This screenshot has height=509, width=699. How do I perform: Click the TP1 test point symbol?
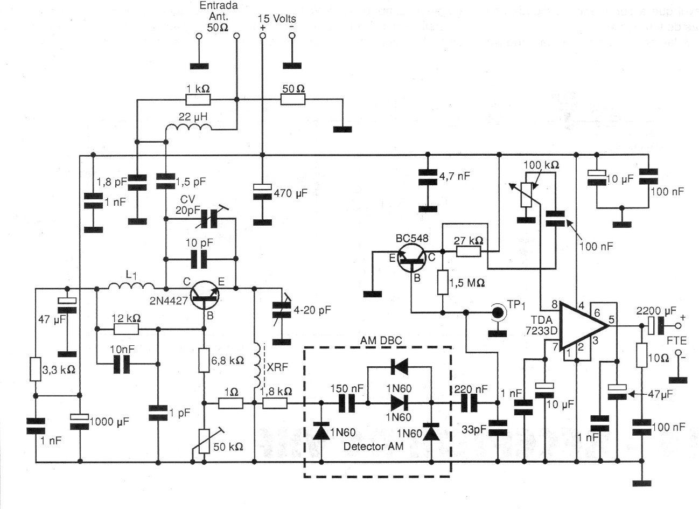497,312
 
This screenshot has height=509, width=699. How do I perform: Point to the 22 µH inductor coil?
187,128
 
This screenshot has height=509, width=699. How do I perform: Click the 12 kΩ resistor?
127,329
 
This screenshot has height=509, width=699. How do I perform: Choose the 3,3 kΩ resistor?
36,370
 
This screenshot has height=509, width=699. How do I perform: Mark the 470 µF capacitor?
262,192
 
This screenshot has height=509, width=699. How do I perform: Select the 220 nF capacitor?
471,402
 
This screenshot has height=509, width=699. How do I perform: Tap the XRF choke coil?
257,366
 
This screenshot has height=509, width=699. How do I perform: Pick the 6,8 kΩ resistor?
205,360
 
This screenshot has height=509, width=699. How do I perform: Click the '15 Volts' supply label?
277,18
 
